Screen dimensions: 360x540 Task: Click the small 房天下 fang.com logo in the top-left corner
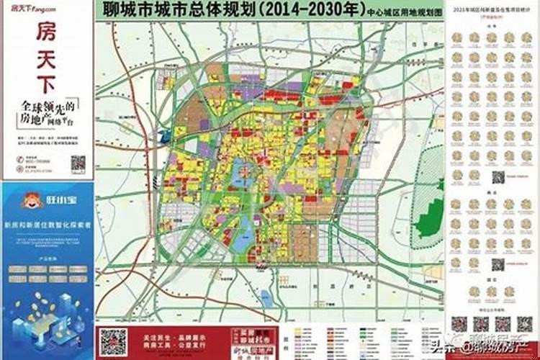pyautogui.click(x=32, y=8)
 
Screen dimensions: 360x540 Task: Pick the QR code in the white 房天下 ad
pyautogui.click(x=78, y=163)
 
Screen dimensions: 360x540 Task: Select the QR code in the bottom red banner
pyautogui.click(x=112, y=341)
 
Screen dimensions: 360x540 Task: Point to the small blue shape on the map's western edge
pyautogui.click(x=163, y=136)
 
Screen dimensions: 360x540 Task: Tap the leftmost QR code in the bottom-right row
pyautogui.click(x=461, y=324)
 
